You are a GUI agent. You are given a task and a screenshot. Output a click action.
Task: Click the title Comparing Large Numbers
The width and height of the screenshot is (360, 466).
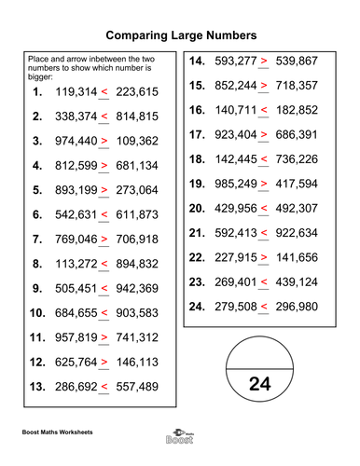[x=181, y=34]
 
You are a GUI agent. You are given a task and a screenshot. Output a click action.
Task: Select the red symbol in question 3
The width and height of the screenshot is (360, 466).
[x=104, y=142]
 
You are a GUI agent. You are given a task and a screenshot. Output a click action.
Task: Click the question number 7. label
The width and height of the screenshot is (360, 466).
[x=36, y=239]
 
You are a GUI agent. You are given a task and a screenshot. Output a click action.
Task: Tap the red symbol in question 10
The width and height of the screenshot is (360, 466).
[x=104, y=312]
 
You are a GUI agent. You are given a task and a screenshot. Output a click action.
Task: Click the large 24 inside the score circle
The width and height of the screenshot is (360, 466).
[x=262, y=383]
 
